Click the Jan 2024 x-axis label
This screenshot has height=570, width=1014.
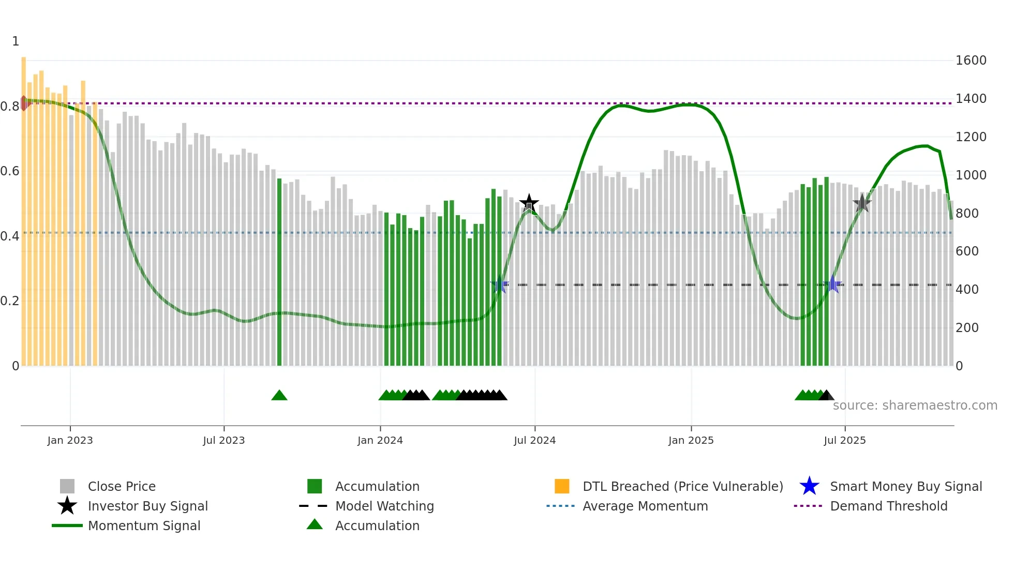(x=380, y=441)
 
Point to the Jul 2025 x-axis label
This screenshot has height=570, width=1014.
(x=844, y=441)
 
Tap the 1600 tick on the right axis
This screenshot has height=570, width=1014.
(x=971, y=61)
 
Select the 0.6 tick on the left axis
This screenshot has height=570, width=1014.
(x=10, y=171)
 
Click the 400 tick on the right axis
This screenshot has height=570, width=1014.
(x=966, y=290)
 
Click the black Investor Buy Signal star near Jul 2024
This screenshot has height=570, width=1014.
(x=529, y=203)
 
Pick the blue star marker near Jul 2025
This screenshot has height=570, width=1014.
(x=832, y=284)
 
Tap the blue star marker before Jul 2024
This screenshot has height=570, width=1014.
(x=500, y=284)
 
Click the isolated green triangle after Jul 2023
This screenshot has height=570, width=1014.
(x=279, y=396)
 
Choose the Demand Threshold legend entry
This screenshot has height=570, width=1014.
(x=888, y=506)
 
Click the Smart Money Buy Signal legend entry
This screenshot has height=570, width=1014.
(x=905, y=487)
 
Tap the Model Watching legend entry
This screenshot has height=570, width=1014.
(x=384, y=506)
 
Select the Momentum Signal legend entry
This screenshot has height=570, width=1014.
(x=144, y=526)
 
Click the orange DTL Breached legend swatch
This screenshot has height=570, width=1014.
(x=562, y=487)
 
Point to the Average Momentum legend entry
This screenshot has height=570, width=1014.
(x=645, y=506)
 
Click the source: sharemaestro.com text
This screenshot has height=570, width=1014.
(x=915, y=406)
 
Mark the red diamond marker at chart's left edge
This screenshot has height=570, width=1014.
(x=24, y=103)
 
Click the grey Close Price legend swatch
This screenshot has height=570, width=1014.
(x=67, y=487)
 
